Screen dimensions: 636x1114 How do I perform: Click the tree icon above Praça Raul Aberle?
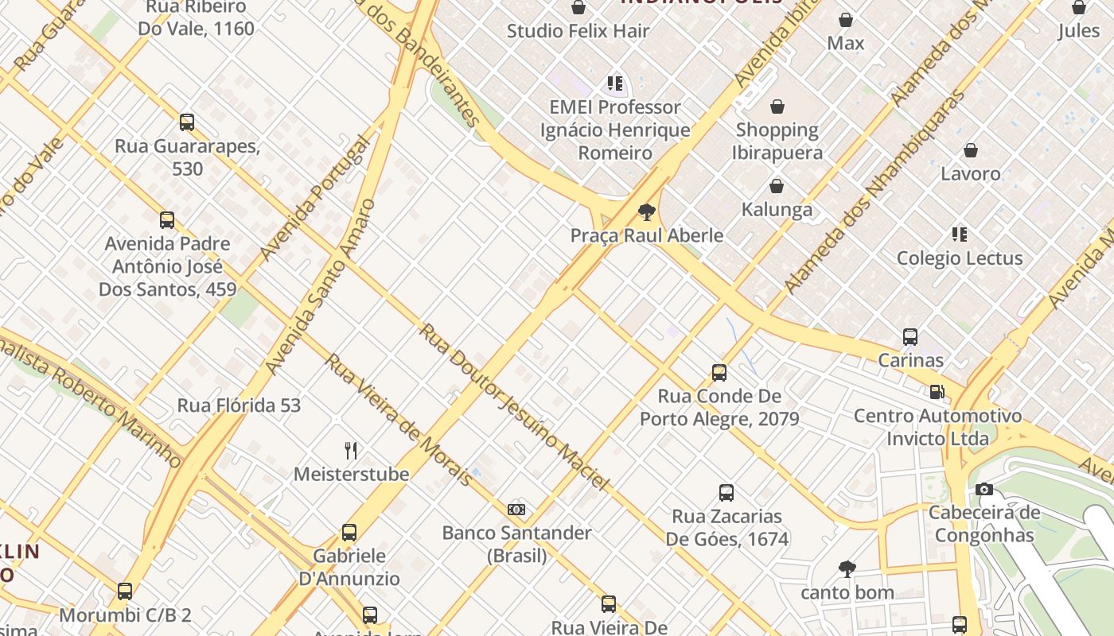[647, 212]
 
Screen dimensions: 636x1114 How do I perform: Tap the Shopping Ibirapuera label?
[777, 141]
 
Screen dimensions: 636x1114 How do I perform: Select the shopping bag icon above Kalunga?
[777, 186]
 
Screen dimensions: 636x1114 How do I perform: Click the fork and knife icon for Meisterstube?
[351, 451]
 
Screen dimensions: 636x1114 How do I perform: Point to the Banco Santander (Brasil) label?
[516, 544]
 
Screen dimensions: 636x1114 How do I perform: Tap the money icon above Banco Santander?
[516, 509]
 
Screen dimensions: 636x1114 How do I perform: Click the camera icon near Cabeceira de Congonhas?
[984, 489]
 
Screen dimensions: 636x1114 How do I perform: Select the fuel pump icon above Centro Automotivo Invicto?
[937, 392]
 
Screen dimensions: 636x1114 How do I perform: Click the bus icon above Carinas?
[910, 337]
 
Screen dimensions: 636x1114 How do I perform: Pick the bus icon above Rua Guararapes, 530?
[187, 122]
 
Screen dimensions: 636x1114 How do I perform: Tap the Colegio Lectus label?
[959, 258]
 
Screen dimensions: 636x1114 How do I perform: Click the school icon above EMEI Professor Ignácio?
[614, 83]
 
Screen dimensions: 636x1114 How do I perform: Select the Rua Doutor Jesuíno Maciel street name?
[514, 406]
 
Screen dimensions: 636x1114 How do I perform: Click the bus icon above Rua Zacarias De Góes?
[726, 493]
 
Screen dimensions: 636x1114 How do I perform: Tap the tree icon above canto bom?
[847, 569]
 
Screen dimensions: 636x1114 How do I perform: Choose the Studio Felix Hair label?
[578, 31]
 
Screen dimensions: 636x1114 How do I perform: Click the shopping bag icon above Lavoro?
[971, 150]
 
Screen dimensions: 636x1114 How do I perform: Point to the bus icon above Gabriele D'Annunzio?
[349, 533]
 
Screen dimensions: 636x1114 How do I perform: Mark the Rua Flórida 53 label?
[239, 405]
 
